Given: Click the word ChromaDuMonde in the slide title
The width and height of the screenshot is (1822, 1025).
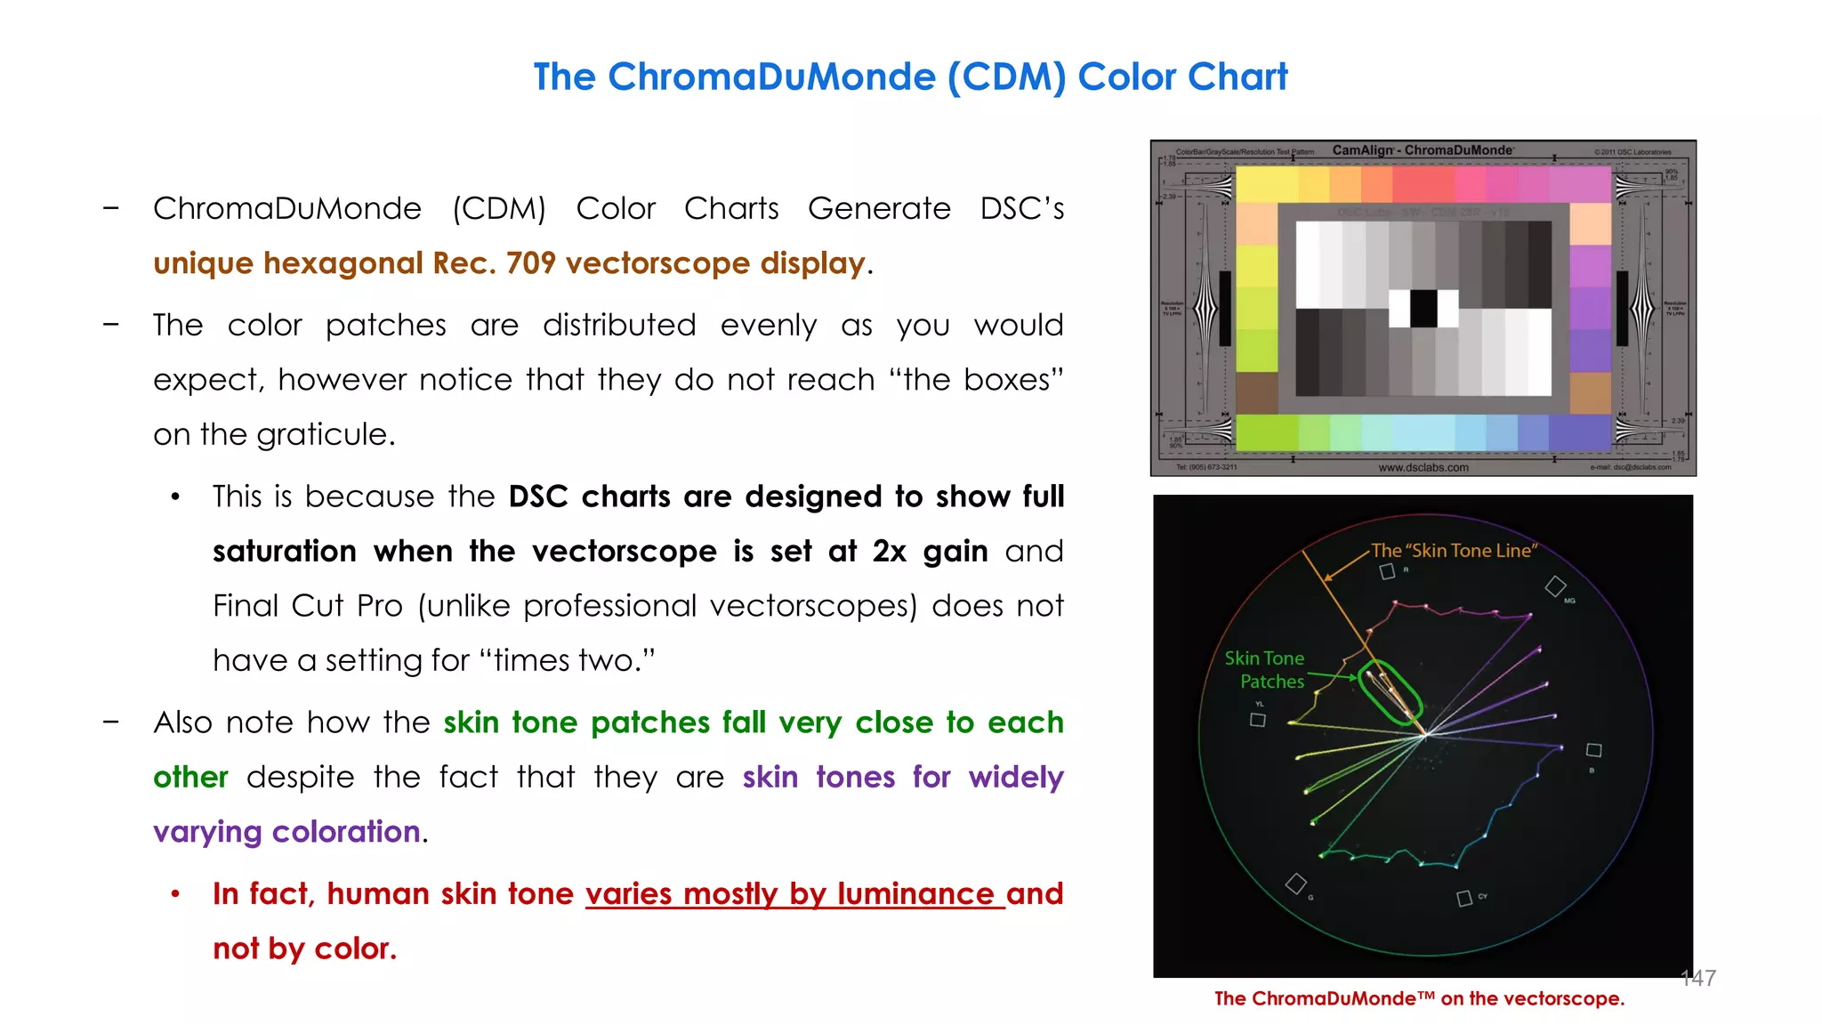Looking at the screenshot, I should pyautogui.click(x=771, y=77).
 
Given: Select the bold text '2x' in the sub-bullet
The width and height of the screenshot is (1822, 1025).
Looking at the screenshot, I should pyautogui.click(x=889, y=552).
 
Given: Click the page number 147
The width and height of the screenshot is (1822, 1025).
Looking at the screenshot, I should pyautogui.click(x=1697, y=979).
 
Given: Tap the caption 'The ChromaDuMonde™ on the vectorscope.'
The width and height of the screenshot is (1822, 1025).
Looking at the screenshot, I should pyautogui.click(x=1419, y=999).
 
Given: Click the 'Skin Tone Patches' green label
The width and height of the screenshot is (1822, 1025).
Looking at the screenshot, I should pyautogui.click(x=1266, y=670).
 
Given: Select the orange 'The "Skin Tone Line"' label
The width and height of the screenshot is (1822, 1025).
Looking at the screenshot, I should pyautogui.click(x=1454, y=551).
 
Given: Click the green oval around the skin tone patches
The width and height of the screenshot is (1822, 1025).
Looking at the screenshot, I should pyautogui.click(x=1391, y=692).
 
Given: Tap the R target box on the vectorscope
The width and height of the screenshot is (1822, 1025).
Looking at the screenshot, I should pyautogui.click(x=1387, y=572).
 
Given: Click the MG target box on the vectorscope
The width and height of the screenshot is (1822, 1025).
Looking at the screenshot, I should pyautogui.click(x=1555, y=586).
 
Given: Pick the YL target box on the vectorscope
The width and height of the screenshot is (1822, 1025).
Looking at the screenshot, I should pyautogui.click(x=1257, y=720).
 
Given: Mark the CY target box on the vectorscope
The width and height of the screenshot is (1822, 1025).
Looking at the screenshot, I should pyautogui.click(x=1463, y=899).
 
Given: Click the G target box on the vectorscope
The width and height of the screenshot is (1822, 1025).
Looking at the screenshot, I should pyautogui.click(x=1296, y=884).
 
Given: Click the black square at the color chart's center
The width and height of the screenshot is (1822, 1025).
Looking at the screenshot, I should pyautogui.click(x=1423, y=309).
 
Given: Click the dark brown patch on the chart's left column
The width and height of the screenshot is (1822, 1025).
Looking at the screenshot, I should pyautogui.click(x=1257, y=392).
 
